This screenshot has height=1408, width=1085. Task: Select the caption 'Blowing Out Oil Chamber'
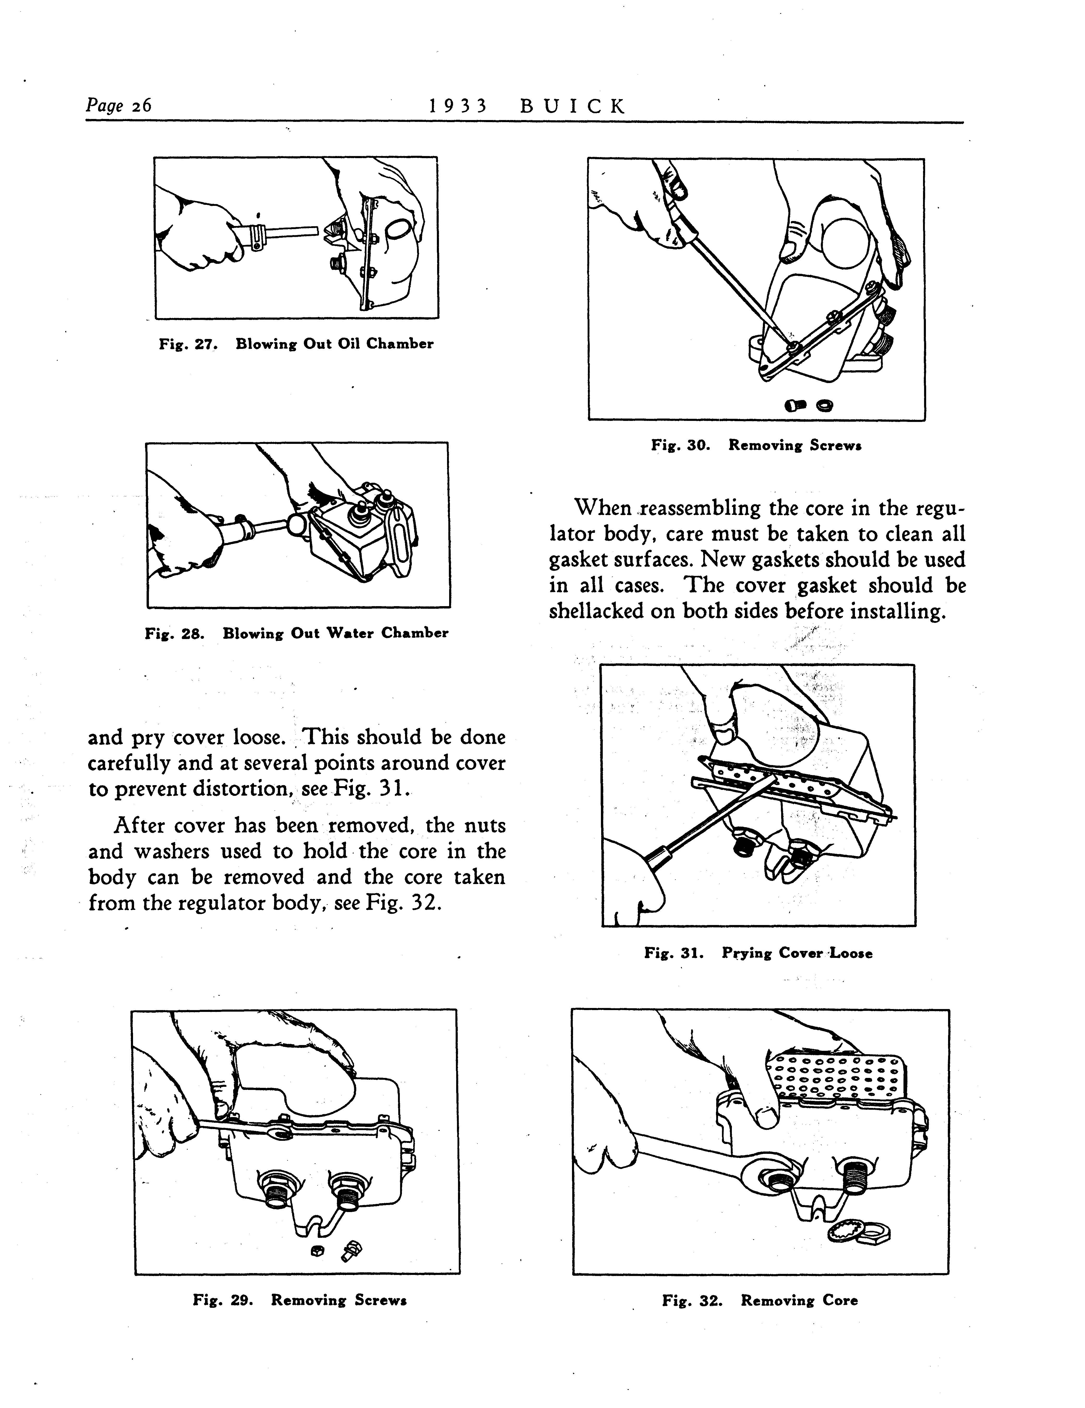[334, 344]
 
